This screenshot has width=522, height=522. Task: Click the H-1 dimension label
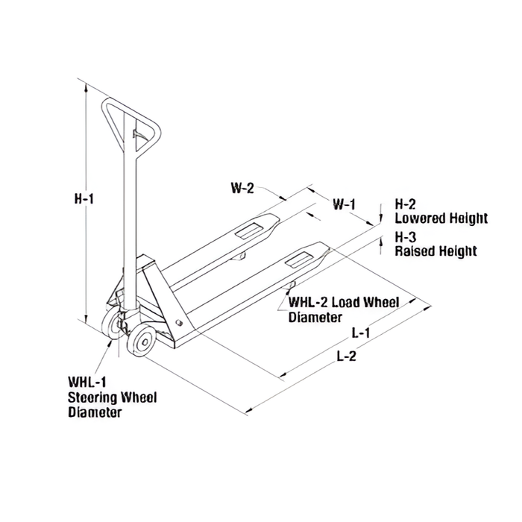click(x=84, y=199)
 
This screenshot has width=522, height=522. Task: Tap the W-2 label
click(x=242, y=189)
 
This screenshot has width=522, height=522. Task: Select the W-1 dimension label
click(x=345, y=204)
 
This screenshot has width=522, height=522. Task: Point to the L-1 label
click(x=361, y=333)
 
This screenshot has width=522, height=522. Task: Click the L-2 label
click(x=347, y=356)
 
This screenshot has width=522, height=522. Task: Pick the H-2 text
click(x=405, y=204)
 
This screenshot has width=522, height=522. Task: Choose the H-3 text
click(x=406, y=237)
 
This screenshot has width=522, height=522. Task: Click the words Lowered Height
click(x=441, y=218)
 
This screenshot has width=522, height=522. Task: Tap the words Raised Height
click(x=435, y=251)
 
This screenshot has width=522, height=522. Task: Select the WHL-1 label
click(x=87, y=382)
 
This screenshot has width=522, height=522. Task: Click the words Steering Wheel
click(x=112, y=397)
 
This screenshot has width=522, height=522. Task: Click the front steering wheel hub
click(x=145, y=342)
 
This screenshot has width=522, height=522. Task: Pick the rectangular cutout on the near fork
click(x=298, y=260)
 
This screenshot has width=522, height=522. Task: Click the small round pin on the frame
click(x=179, y=322)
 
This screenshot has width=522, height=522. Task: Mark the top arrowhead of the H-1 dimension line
click(x=87, y=88)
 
